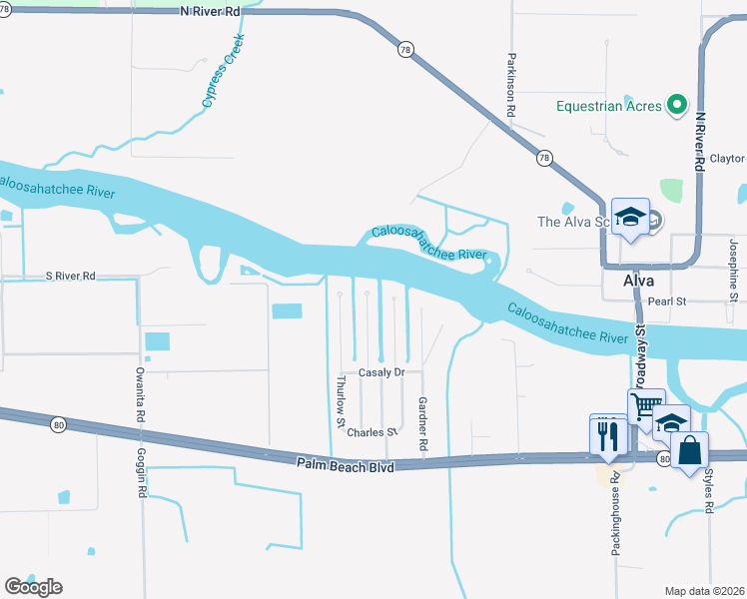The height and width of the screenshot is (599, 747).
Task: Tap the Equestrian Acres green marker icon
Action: [x=677, y=103]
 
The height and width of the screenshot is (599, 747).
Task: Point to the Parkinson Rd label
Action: [x=510, y=87]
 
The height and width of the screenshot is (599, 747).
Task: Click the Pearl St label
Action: [x=668, y=300]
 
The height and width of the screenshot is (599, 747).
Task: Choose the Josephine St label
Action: [x=733, y=270]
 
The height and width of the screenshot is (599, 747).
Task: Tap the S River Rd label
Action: [x=70, y=276]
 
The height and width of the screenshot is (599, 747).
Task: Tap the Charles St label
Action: [x=372, y=432]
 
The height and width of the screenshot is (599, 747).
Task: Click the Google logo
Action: [x=33, y=587]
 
